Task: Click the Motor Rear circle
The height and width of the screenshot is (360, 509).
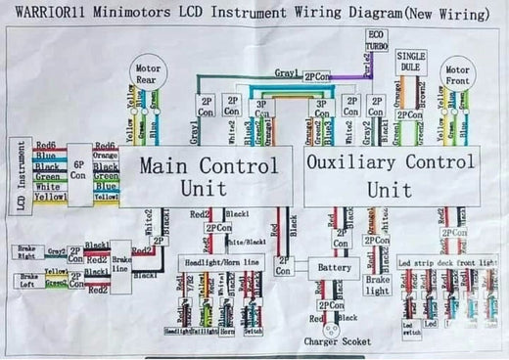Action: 149,73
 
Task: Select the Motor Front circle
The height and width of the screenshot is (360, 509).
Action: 457,76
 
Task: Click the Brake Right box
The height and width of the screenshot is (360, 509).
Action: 27,252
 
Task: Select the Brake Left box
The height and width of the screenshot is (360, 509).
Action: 27,280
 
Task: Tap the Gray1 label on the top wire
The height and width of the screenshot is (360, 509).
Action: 286,73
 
